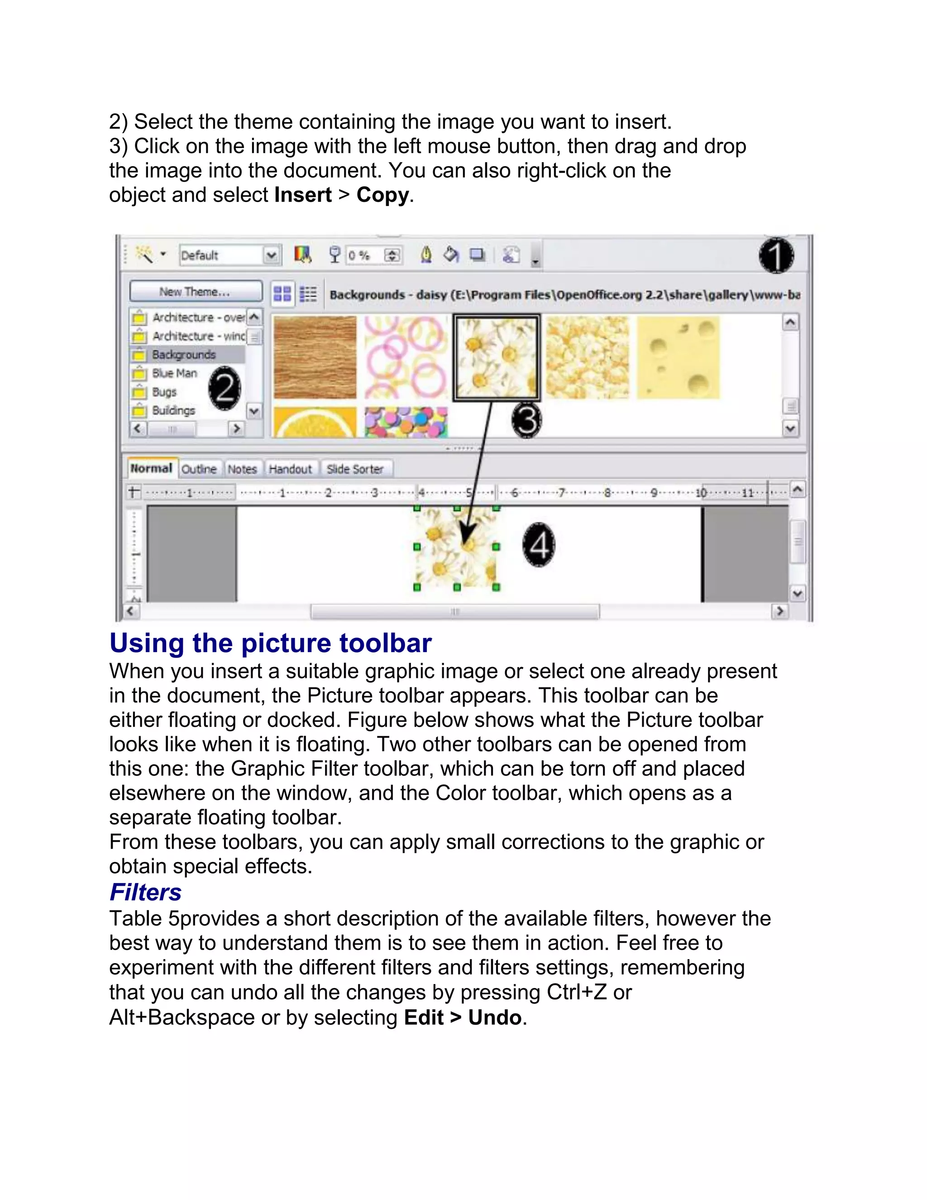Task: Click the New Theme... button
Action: [x=196, y=292]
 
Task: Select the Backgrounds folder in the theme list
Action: [x=183, y=355]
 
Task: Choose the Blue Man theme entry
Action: [x=174, y=374]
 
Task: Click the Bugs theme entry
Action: [x=164, y=392]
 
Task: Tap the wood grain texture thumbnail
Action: [x=315, y=357]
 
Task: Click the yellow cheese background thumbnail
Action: [x=678, y=357]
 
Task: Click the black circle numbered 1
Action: [x=776, y=256]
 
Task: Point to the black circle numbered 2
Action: [x=225, y=389]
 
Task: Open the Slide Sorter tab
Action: [x=355, y=469]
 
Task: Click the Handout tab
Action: [x=290, y=469]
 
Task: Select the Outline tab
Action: [x=199, y=469]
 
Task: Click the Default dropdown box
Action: [x=229, y=255]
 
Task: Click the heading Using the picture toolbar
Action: [x=270, y=643]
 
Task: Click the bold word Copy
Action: [x=382, y=195]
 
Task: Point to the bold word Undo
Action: [x=494, y=1018]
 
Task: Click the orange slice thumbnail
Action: [x=315, y=422]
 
